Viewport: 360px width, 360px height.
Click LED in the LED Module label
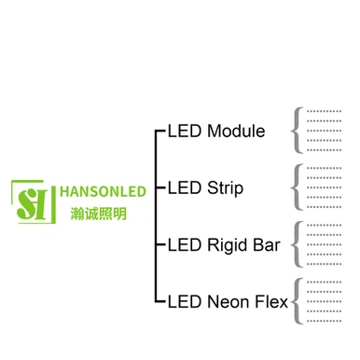[x=183, y=132]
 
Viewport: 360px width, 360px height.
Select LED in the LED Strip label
[x=183, y=188]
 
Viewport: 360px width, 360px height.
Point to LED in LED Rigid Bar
[x=183, y=245]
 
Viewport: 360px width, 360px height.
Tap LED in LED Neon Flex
[x=183, y=302]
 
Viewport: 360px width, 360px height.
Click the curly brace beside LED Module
[x=297, y=131]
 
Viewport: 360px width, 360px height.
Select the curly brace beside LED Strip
[x=297, y=187]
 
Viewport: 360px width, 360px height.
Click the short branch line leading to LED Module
[x=159, y=132]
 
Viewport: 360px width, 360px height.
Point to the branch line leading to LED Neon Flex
[x=159, y=302]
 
